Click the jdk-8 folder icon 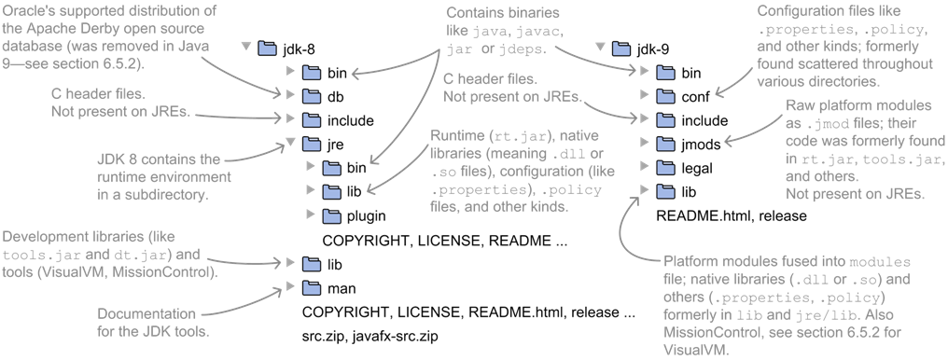(x=267, y=47)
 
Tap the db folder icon (x=311, y=96)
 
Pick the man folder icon (x=311, y=287)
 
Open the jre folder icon (x=311, y=144)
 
